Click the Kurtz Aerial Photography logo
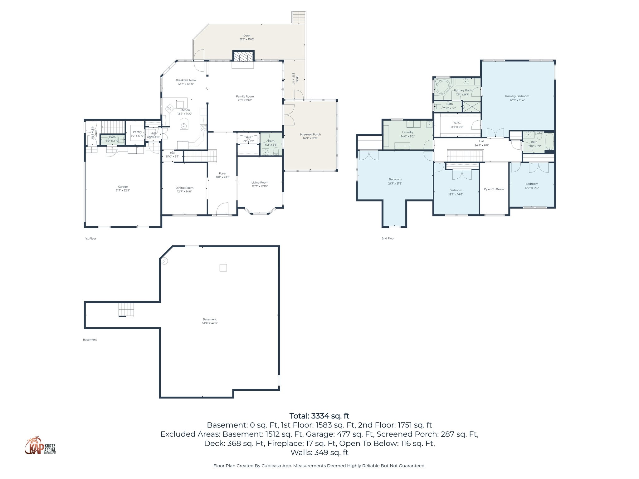point(40,446)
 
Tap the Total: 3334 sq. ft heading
point(319,416)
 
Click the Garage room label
point(123,188)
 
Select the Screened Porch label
point(310,136)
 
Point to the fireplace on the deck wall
point(243,57)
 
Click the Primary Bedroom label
point(517,98)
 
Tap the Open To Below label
point(494,189)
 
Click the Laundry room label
point(407,134)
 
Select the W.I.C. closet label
point(457,124)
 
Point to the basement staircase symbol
point(126,310)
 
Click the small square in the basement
point(223,268)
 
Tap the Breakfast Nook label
point(186,82)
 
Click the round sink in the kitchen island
point(184,126)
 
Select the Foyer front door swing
point(222,209)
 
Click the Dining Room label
point(184,190)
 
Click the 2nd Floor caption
point(388,238)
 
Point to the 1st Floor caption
point(90,239)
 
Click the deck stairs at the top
point(299,17)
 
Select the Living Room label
point(260,184)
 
